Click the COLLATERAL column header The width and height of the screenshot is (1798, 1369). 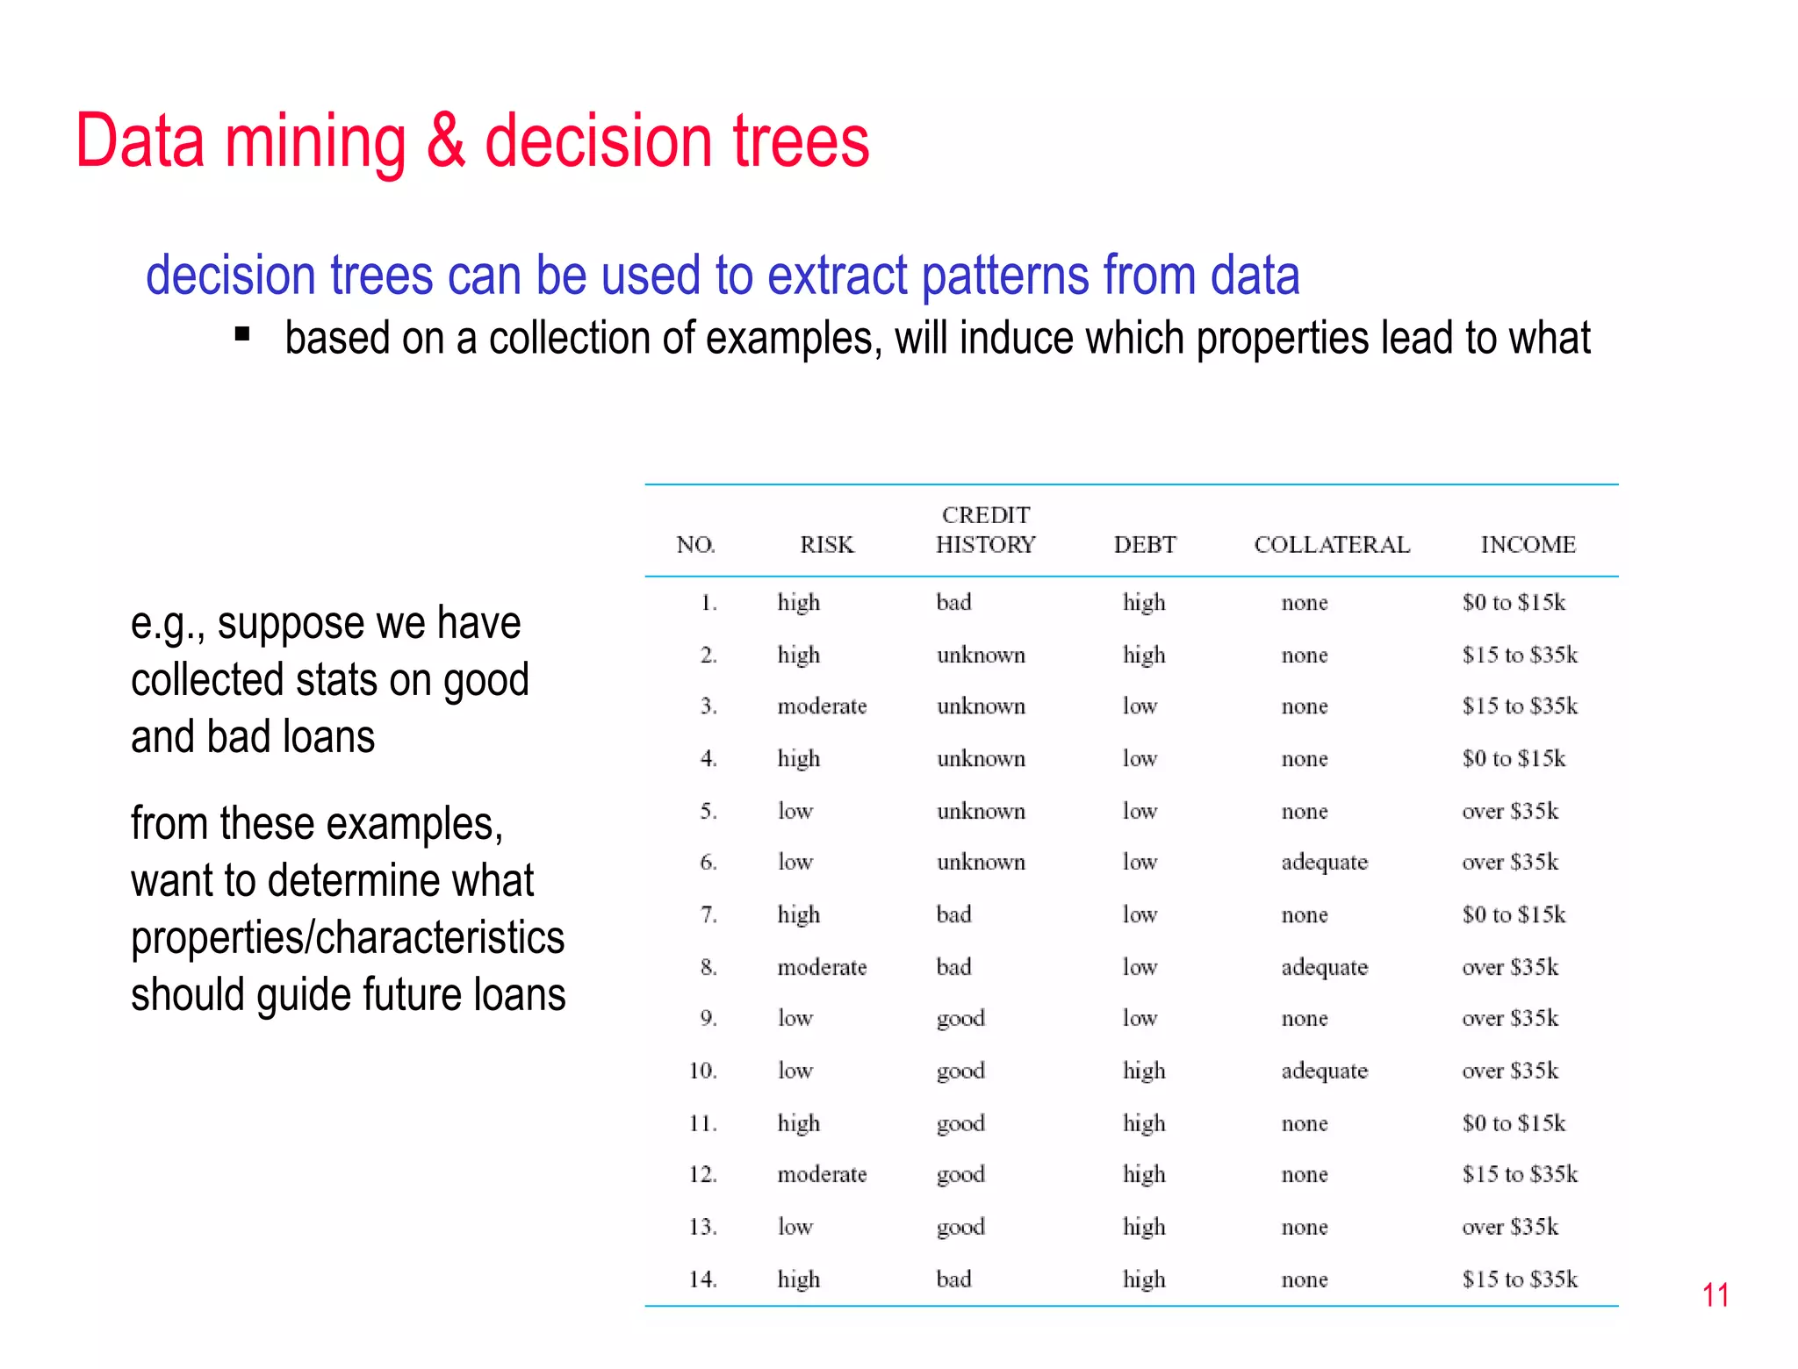1331,545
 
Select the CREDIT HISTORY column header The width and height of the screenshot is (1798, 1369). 985,530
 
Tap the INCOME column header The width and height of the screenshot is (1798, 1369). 1528,545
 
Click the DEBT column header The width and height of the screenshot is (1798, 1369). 1144,545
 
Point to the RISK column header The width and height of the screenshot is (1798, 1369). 826,545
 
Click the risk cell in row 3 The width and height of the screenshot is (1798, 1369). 822,706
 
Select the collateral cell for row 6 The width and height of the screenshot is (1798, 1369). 1324,863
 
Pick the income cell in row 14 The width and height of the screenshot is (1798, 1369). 1520,1279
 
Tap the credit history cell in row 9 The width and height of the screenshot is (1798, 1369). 960,1019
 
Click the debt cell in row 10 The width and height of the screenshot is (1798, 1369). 1144,1071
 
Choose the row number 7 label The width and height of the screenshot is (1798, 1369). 708,915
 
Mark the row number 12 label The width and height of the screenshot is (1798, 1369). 703,1175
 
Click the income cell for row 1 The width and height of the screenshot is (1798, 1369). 1514,603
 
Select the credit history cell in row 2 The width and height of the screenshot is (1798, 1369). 981,656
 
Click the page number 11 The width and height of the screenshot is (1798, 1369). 1715,1295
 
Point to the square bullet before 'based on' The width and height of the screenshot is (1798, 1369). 243,333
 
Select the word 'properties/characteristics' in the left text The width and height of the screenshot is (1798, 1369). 348,937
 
